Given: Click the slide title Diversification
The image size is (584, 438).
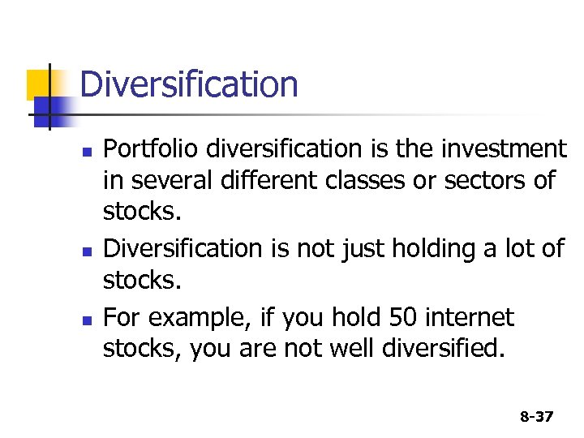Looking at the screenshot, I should pyautogui.click(x=189, y=84).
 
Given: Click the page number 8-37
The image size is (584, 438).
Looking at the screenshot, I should pyautogui.click(x=536, y=417).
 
